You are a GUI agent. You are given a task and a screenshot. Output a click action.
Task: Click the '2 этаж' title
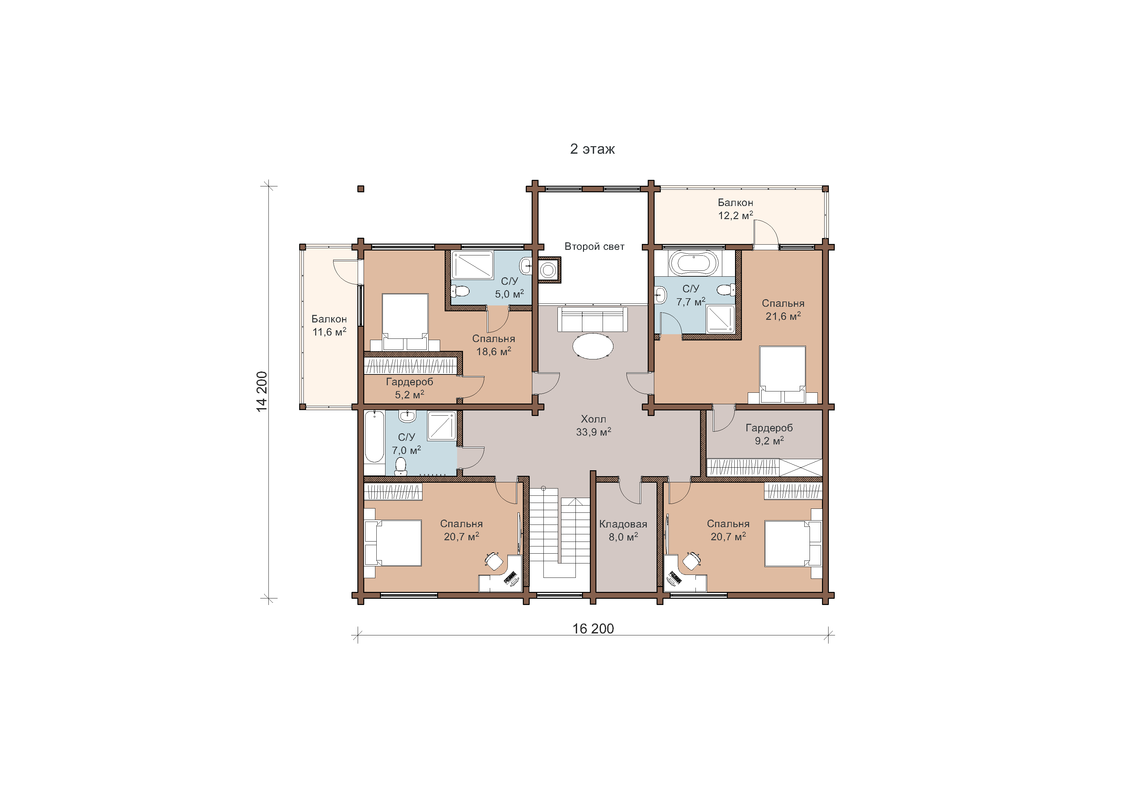[x=592, y=149]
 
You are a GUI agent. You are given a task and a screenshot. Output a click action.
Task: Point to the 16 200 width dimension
[x=593, y=629]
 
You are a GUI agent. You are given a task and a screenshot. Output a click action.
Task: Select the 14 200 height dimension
[x=262, y=391]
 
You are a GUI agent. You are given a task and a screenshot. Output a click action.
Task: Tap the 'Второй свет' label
[x=594, y=246]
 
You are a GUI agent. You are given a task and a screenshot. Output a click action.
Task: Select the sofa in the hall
[x=592, y=319]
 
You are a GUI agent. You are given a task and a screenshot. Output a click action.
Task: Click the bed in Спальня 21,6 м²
[x=782, y=374]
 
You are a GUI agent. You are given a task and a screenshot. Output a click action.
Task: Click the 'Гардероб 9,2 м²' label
[x=769, y=434]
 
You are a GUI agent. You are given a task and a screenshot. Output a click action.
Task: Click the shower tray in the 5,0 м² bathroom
[x=472, y=265]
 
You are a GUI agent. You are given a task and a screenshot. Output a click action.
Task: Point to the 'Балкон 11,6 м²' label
[x=329, y=325]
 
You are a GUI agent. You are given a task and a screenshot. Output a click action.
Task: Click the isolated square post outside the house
[x=361, y=189]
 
